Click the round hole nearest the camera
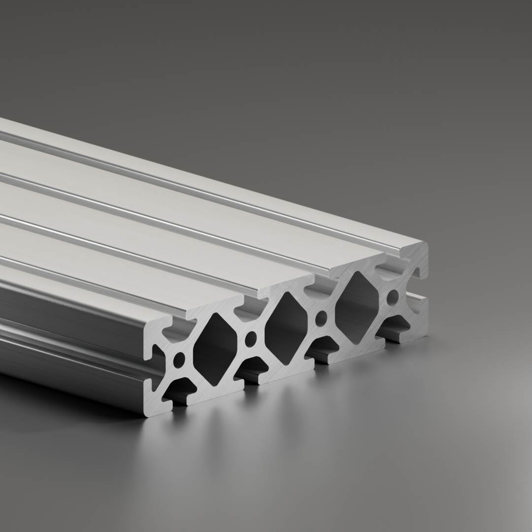tap(179, 358)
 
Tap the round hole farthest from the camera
tap(393, 297)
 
